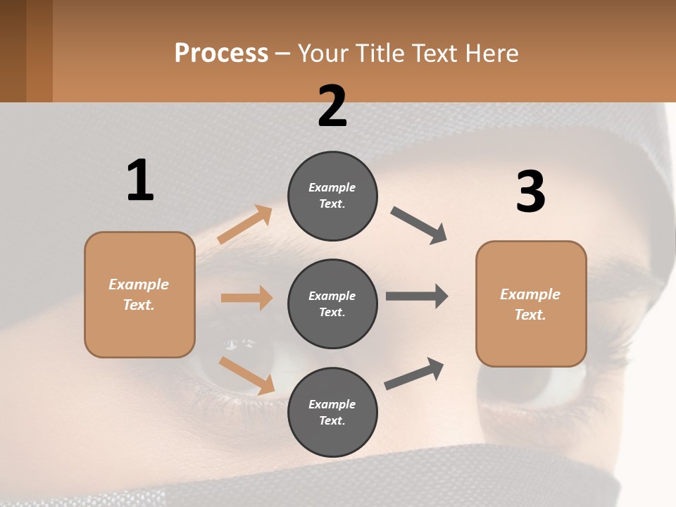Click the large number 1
140,180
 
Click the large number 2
332,106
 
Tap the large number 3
530,192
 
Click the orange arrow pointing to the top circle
245,224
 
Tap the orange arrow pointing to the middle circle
246,298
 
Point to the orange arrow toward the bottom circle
246,375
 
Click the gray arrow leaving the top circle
419,225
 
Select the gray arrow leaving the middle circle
417,296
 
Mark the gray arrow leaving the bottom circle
414,374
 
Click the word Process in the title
221,53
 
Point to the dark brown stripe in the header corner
13,51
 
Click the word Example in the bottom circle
332,404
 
